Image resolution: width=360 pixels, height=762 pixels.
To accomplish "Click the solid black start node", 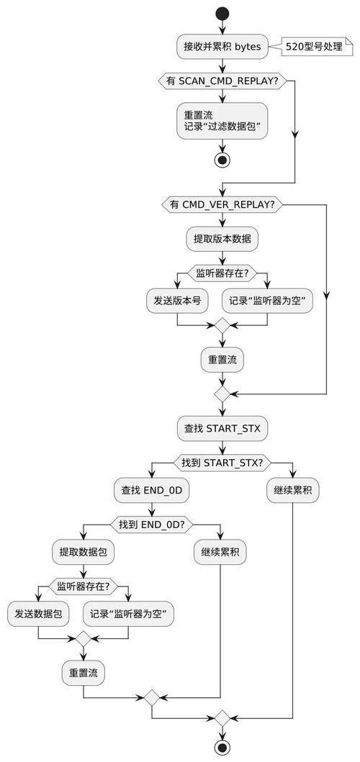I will [x=222, y=14].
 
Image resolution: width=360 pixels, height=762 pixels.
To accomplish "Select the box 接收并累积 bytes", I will [x=222, y=47].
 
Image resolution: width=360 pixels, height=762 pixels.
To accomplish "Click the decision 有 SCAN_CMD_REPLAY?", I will [x=222, y=81].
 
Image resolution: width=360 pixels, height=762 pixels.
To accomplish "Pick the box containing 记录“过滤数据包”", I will [x=222, y=120].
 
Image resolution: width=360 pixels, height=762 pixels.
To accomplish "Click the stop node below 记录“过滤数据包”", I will [x=222, y=159].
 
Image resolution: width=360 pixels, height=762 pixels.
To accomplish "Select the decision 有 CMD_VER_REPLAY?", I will [x=222, y=205].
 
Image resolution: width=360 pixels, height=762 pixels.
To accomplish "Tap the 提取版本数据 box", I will [x=222, y=240].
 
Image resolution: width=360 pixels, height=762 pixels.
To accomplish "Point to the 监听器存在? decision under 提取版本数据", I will [x=222, y=273].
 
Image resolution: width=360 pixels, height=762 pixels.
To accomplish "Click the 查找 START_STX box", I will [x=222, y=428].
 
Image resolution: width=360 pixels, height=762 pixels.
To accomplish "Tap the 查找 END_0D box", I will [x=151, y=491].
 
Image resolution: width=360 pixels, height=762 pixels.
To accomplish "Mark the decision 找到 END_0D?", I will [x=151, y=525].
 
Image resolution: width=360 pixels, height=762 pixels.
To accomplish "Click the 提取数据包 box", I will [x=84, y=553].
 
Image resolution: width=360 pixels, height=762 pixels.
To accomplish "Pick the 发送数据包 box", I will [x=38, y=614].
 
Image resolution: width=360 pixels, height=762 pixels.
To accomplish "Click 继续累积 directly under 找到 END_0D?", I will [x=220, y=553].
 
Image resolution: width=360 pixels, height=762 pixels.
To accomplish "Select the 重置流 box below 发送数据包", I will [x=84, y=673].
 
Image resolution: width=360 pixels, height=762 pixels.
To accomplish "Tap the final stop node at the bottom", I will [x=222, y=748].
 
